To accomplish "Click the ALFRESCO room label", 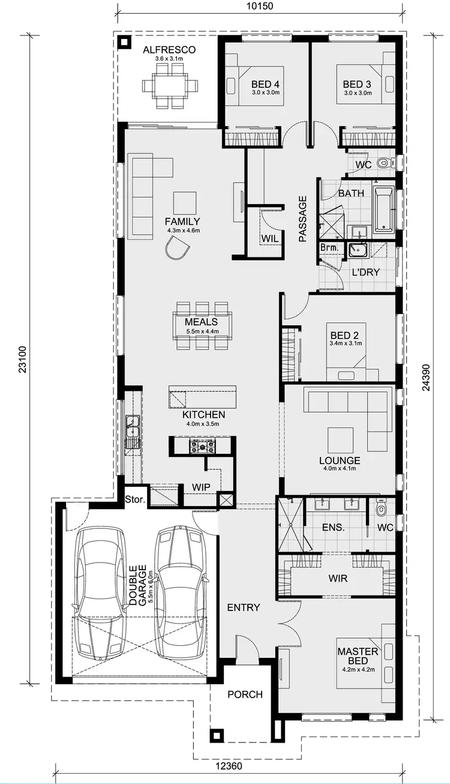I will [x=169, y=50].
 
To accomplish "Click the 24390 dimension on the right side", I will [x=425, y=376].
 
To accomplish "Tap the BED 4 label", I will [x=265, y=84].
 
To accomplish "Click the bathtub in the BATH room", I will [x=383, y=210].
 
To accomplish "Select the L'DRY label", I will [x=366, y=272].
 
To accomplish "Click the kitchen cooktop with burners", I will [x=203, y=446].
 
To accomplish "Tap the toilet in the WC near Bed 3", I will [x=385, y=163].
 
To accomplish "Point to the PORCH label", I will [x=245, y=695].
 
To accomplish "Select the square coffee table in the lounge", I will [x=340, y=438].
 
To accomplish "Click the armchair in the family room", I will [x=177, y=247].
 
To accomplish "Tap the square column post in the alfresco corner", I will [x=125, y=42].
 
